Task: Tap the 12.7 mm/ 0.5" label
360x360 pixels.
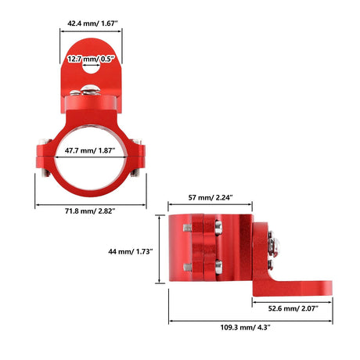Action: tap(91, 59)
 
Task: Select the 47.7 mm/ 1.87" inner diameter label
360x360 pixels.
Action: tap(90, 150)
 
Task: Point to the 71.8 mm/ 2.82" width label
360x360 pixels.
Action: tap(90, 211)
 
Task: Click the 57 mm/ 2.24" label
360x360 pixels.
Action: tap(211, 197)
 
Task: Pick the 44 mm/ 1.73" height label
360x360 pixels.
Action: tap(131, 251)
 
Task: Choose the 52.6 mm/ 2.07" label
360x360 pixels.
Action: tap(293, 308)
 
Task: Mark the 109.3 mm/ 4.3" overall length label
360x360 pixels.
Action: tap(245, 327)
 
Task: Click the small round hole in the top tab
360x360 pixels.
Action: tap(91, 67)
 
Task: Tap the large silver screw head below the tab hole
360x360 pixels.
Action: tap(90, 90)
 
